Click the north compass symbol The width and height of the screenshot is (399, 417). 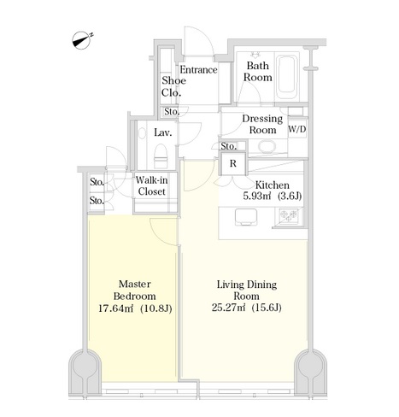point(82,40)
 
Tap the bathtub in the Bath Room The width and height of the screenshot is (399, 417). point(287,74)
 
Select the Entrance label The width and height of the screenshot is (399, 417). point(198,70)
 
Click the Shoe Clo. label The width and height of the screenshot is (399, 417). point(173,86)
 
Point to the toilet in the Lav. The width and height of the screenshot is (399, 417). point(161,156)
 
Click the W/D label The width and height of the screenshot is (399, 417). point(297,129)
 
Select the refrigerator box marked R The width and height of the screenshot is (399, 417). point(233,164)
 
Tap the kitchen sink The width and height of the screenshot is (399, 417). point(245,216)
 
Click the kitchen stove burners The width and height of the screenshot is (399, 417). point(289,216)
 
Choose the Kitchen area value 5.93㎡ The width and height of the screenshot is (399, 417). point(256,197)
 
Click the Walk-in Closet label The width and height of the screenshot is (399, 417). point(151,185)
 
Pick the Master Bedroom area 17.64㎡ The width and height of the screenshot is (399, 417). point(115,308)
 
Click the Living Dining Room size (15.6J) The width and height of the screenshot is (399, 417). point(267,308)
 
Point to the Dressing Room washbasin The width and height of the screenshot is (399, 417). point(267,147)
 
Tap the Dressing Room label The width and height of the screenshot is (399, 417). point(262,124)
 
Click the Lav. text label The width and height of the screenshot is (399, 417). point(163,132)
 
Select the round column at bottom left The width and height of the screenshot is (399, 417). point(85,366)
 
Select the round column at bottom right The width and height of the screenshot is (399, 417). point(310,366)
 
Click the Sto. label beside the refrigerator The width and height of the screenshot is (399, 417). point(229,146)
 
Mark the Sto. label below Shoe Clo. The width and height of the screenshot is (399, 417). point(172,112)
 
